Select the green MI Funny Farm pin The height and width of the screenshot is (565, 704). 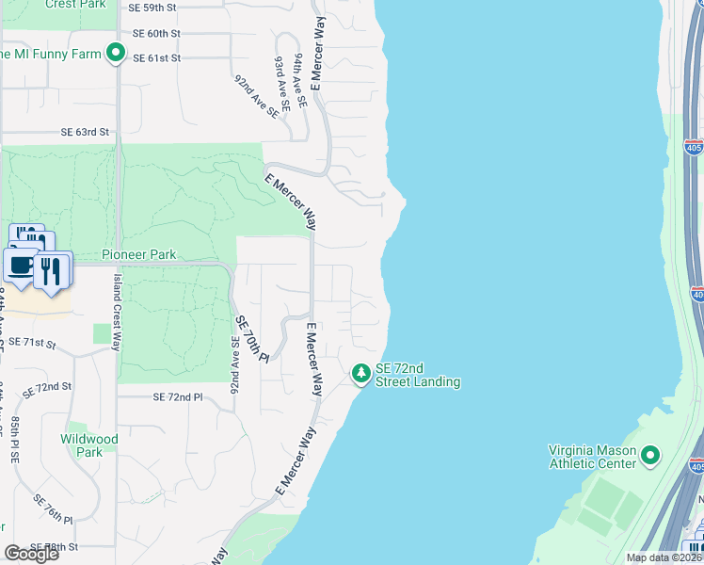coord(116,54)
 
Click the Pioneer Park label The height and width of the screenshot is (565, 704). coord(138,254)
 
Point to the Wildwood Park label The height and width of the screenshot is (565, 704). coord(89,445)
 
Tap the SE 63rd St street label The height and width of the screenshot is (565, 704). coord(85,133)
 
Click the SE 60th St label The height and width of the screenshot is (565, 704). coord(156,33)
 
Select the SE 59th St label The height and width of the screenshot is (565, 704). coord(153,8)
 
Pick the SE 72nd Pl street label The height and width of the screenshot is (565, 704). coord(178,397)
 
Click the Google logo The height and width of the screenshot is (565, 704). coord(31,554)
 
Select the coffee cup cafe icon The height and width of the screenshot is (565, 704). coord(21,265)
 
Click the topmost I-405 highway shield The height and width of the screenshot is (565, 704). coord(694,148)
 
